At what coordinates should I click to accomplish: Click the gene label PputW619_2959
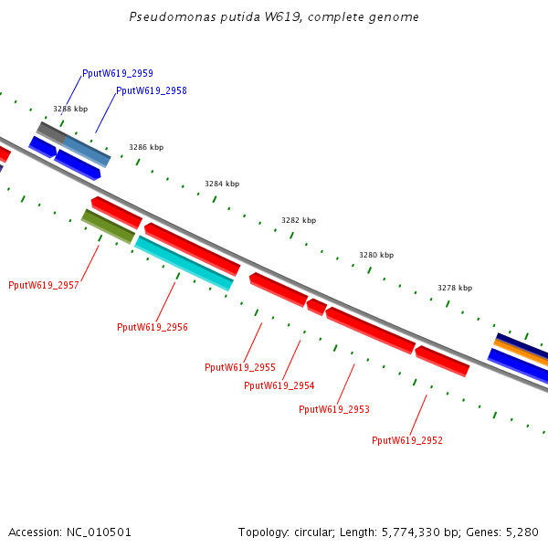117,73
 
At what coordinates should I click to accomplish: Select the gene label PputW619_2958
152,91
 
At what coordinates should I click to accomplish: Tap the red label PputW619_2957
44,285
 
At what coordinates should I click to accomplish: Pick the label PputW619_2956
153,327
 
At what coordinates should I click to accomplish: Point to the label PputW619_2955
240,367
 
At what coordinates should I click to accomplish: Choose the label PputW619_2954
279,385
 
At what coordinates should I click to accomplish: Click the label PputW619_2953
334,409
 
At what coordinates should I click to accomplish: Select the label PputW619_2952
407,440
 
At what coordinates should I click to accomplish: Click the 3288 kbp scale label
70,109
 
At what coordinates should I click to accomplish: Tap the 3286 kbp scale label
146,147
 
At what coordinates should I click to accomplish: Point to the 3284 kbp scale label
222,184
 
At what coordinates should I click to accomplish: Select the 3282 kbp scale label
299,220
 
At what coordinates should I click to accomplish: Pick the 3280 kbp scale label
376,255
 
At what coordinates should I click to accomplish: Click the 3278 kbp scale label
455,288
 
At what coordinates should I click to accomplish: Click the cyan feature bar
184,263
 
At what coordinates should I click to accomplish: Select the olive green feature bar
108,227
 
